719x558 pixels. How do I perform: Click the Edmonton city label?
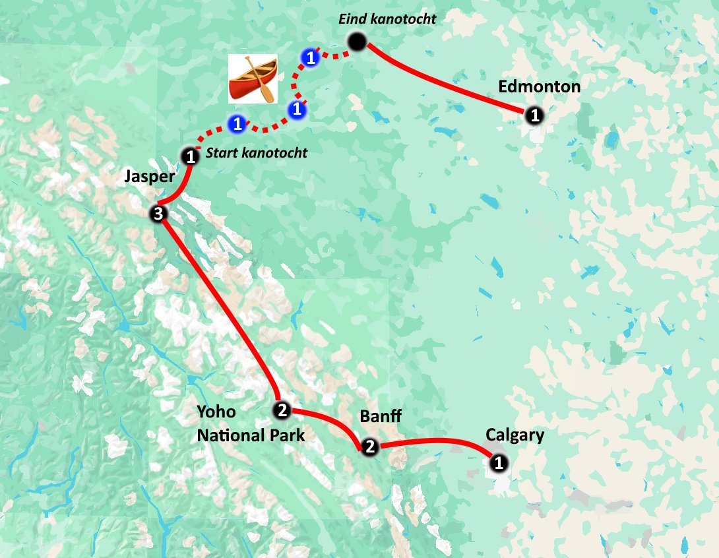tap(539, 86)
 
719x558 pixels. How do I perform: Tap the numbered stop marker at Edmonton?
tap(535, 115)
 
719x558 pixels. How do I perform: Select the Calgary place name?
tap(515, 435)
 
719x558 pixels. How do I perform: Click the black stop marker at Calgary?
tap(499, 463)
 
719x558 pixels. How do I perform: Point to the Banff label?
tap(381, 416)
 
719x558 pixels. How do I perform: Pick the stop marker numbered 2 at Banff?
tap(369, 447)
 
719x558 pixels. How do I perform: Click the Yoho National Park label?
tap(251, 423)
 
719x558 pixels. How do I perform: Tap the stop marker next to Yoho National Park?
tap(282, 410)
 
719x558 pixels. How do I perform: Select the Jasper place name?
tap(149, 177)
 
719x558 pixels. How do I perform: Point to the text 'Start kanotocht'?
tap(257, 153)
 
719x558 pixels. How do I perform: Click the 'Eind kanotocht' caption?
tap(387, 19)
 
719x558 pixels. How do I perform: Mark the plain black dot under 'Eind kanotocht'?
tap(357, 42)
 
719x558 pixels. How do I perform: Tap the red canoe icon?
tap(253, 78)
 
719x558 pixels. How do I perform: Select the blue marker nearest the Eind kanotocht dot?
tap(309, 58)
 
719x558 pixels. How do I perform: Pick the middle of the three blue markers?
tap(297, 108)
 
